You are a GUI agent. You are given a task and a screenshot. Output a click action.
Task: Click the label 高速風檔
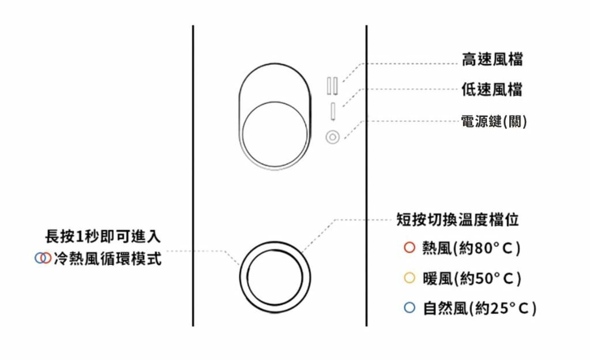[x=492, y=59]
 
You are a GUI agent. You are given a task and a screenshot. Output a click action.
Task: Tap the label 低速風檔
[x=492, y=90]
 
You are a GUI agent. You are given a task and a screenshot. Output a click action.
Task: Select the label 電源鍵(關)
[x=494, y=122]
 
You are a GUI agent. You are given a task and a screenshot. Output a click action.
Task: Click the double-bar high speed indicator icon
[x=333, y=85]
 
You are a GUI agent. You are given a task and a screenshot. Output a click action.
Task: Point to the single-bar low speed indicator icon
[x=333, y=110]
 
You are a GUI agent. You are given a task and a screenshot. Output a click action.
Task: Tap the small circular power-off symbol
[x=333, y=138]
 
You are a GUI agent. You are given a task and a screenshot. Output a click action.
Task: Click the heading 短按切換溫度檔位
[x=457, y=220]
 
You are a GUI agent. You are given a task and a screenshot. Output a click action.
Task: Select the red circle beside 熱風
[x=409, y=247]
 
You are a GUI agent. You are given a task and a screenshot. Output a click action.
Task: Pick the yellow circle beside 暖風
[x=409, y=278]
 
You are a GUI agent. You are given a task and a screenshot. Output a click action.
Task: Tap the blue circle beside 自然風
[x=409, y=308]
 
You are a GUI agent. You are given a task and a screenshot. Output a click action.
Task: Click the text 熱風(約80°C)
[x=471, y=248]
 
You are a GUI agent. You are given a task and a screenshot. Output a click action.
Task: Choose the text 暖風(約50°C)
[x=471, y=279]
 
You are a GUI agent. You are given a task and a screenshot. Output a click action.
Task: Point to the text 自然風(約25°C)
[x=479, y=309]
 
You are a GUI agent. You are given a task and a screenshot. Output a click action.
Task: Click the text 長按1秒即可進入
[x=103, y=236]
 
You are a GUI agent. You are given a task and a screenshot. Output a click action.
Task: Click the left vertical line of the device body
[x=193, y=173]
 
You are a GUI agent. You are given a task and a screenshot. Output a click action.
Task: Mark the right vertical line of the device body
[x=367, y=173]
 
